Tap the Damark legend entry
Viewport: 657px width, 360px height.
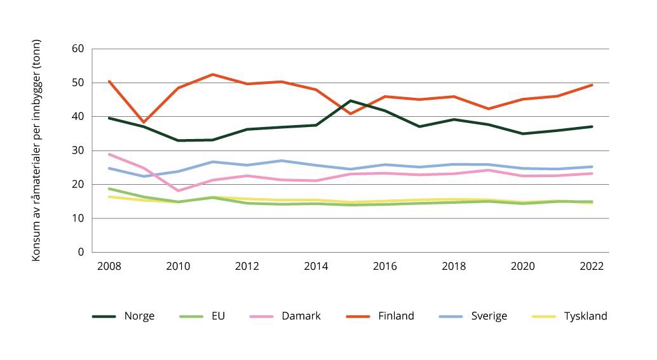pyautogui.click(x=300, y=316)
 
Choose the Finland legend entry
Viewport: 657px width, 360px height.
pyautogui.click(x=395, y=316)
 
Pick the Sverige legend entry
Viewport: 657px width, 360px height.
pyautogui.click(x=485, y=316)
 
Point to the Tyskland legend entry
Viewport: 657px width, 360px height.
pyautogui.click(x=583, y=316)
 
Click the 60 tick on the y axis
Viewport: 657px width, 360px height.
pyautogui.click(x=79, y=49)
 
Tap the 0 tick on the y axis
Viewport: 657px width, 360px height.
pyautogui.click(x=81, y=252)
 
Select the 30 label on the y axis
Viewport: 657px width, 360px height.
pyautogui.click(x=79, y=150)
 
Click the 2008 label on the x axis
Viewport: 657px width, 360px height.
pyautogui.click(x=109, y=267)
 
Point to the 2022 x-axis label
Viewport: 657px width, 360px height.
pyautogui.click(x=592, y=267)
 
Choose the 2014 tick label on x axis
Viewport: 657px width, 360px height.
pyautogui.click(x=316, y=267)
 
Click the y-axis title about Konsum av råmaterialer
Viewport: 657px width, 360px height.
pyautogui.click(x=37, y=150)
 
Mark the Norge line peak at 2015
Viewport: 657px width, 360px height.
pyautogui.click(x=351, y=101)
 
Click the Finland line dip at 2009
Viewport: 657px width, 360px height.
pyautogui.click(x=144, y=122)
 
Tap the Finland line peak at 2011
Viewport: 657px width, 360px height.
pyautogui.click(x=213, y=74)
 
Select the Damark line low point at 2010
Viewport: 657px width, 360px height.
pyautogui.click(x=179, y=190)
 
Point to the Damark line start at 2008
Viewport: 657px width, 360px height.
pyautogui.click(x=109, y=154)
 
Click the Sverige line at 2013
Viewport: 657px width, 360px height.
pyautogui.click(x=281, y=161)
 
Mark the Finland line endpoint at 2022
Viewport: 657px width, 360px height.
pyautogui.click(x=592, y=85)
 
